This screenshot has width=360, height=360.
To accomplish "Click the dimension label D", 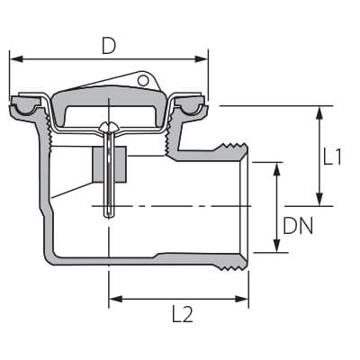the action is [x=109, y=46].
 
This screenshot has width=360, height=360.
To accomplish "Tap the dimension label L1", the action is [x=332, y=157].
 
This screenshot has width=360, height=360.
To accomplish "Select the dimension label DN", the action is [x=298, y=226].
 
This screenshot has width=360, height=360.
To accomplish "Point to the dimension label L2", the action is [x=183, y=314].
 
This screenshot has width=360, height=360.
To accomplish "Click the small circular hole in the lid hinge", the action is [x=143, y=80].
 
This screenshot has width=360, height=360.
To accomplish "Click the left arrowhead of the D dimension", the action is [x=16, y=58].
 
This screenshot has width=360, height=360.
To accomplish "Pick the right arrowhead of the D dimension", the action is [x=201, y=58].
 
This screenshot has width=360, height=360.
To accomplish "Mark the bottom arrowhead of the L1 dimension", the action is [x=320, y=199].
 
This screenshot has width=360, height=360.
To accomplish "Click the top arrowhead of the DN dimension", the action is [x=277, y=169].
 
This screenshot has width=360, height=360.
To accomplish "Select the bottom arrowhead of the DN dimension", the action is [x=277, y=246].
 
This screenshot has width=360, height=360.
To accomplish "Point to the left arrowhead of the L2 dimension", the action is [x=115, y=299].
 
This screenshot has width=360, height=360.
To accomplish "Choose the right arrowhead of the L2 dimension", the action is [x=241, y=299].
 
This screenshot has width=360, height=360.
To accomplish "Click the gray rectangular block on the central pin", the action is [x=110, y=165].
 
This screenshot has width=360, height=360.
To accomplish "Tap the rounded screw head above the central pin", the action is [x=109, y=127].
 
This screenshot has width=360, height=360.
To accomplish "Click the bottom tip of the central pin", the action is [x=109, y=217].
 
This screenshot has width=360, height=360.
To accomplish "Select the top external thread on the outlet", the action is [x=232, y=147].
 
